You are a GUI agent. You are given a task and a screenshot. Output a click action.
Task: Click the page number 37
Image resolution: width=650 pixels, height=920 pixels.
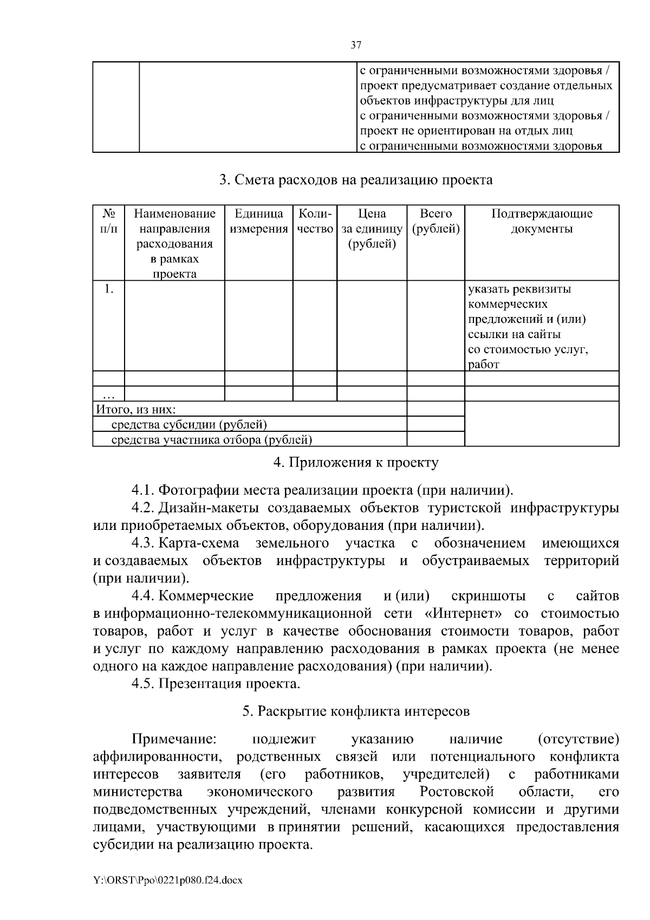[356, 46]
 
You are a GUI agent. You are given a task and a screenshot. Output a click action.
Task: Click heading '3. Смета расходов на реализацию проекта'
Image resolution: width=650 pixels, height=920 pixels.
[356, 180]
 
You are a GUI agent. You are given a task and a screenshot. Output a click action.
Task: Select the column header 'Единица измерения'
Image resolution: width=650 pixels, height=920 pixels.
[259, 221]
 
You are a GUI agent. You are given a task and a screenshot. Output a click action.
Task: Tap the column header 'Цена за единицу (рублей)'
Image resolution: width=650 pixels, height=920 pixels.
[372, 229]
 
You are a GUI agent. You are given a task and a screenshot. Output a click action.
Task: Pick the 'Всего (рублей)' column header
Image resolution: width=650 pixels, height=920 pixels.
[435, 221]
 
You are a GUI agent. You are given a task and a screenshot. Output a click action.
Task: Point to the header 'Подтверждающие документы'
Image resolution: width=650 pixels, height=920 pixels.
[542, 221]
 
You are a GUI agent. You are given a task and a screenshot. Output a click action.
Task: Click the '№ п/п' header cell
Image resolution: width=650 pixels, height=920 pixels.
[109, 221]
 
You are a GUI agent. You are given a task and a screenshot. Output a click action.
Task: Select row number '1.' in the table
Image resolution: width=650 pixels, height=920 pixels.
[109, 289]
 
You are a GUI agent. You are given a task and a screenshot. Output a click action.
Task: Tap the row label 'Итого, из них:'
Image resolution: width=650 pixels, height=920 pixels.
[136, 410]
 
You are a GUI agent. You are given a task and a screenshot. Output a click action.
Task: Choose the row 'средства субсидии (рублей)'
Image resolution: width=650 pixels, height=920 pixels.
[189, 425]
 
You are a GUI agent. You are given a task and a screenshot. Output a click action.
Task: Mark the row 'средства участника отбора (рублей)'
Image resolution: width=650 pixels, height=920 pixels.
[211, 440]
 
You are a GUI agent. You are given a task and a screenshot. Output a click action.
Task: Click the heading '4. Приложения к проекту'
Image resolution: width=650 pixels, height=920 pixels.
[356, 463]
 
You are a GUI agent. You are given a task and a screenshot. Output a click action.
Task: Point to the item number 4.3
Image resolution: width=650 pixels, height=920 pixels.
[144, 543]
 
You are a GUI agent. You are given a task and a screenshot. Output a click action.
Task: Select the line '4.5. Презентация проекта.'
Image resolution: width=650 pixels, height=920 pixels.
[216, 684]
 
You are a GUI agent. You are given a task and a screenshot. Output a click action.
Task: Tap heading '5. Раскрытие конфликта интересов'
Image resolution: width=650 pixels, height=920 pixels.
[356, 711]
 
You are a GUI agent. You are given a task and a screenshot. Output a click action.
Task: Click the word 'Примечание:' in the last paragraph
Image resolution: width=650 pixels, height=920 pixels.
[174, 740]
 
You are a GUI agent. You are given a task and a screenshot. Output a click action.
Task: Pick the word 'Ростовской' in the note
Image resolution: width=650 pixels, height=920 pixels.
[457, 792]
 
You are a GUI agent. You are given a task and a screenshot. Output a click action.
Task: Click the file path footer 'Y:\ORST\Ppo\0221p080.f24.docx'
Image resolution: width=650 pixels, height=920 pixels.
[168, 880]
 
